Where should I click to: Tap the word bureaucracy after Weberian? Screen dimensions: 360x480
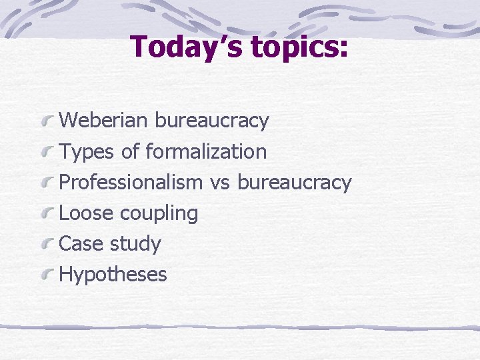tap(211, 121)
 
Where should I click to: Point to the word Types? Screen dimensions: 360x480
tap(87, 152)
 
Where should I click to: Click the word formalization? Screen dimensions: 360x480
tap(206, 151)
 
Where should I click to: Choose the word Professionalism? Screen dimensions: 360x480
tap(131, 182)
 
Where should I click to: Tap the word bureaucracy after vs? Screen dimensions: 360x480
tap(294, 183)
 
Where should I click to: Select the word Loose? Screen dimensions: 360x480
tap(87, 213)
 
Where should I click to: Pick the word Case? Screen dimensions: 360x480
tap(82, 243)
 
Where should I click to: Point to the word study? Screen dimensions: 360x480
tap(135, 244)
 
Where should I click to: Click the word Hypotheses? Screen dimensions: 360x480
tap(113, 275)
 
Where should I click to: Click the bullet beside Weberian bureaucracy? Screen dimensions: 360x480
tap(47, 122)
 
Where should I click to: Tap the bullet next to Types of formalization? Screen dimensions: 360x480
tap(47, 153)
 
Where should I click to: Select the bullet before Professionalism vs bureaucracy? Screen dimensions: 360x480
tap(47, 183)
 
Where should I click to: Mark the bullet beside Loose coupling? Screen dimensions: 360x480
tap(47, 214)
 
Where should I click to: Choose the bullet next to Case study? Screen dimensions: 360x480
tap(47, 245)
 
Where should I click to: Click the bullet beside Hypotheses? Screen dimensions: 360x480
tap(47, 275)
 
